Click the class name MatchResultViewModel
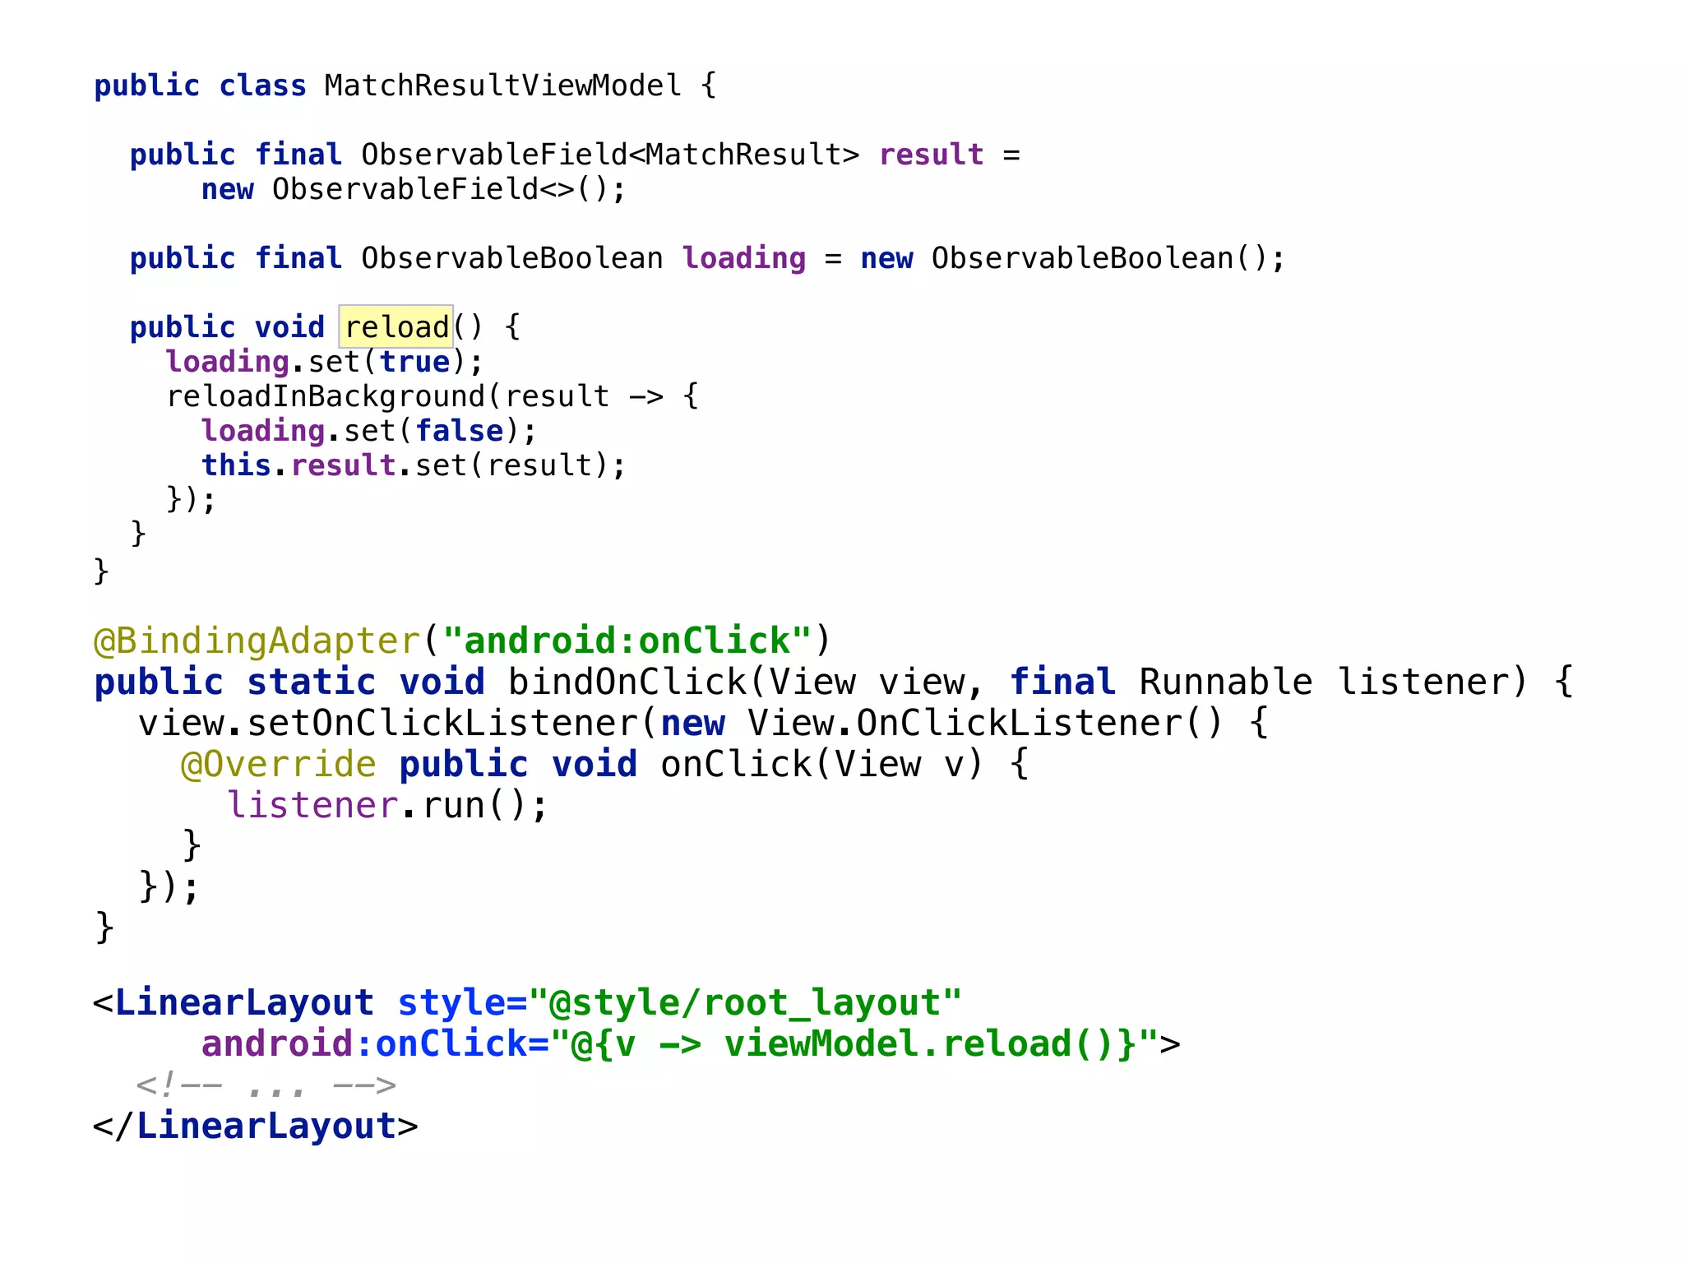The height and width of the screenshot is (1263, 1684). point(502,86)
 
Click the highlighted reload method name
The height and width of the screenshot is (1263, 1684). point(396,327)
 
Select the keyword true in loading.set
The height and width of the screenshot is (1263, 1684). point(414,362)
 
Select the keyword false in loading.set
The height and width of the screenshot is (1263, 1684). point(459,431)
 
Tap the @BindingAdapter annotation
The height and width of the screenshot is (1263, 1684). point(257,641)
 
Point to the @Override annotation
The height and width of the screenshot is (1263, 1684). point(279,765)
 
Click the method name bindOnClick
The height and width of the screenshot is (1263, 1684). point(627,682)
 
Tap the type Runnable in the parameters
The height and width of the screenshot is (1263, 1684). point(1225,682)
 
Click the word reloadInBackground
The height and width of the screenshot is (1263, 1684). point(326,396)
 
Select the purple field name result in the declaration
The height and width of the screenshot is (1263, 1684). point(931,155)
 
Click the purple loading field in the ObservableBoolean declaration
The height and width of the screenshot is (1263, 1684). point(744,258)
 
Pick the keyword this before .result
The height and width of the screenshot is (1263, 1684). point(236,465)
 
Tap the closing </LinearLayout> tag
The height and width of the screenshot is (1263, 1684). point(256,1127)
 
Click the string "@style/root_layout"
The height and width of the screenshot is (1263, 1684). point(745,1003)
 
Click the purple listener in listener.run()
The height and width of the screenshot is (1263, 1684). point(312,806)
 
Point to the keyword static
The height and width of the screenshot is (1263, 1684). point(311,682)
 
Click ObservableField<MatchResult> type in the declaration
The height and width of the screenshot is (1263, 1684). point(610,155)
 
